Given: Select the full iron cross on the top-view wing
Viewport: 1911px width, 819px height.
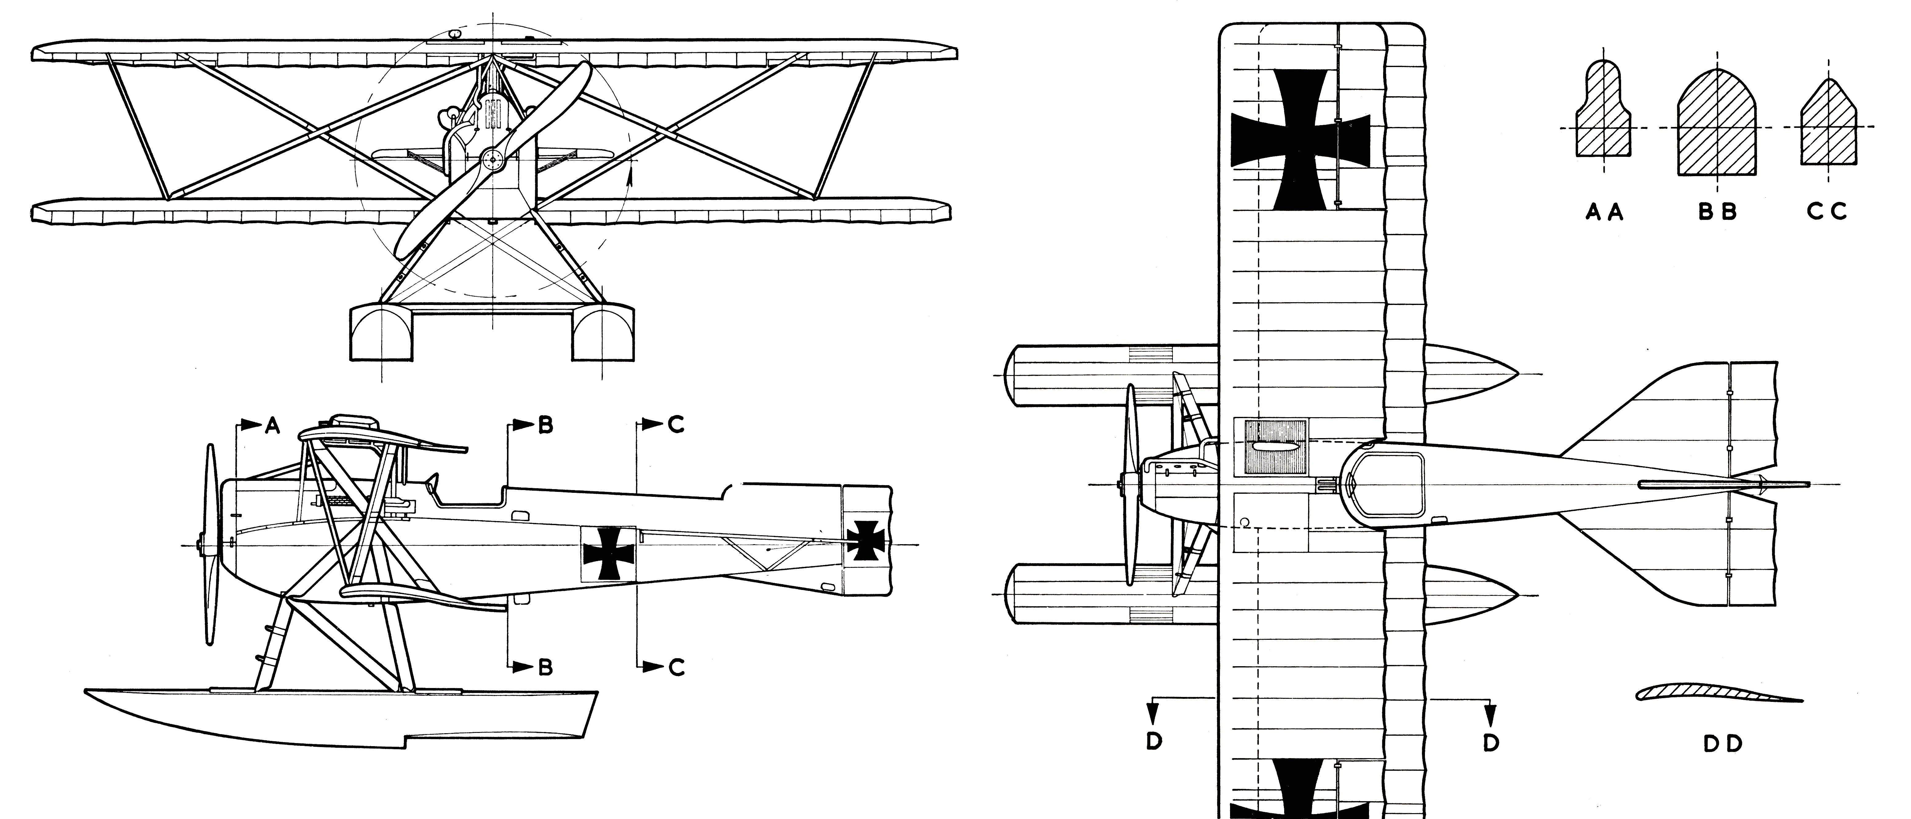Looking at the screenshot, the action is click(x=1300, y=140).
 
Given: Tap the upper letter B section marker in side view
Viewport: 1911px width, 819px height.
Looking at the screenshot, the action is click(x=545, y=426).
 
